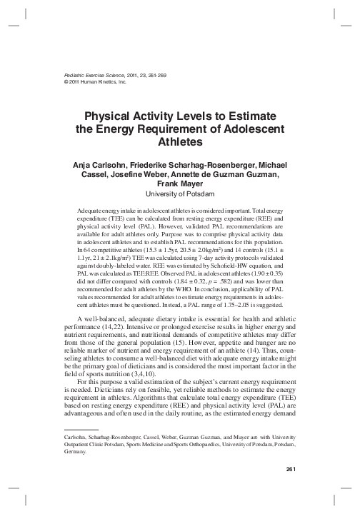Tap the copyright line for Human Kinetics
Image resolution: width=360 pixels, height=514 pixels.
coord(85,81)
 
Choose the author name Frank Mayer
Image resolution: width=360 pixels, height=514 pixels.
coord(180,183)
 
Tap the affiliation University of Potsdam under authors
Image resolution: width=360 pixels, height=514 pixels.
coord(180,193)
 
